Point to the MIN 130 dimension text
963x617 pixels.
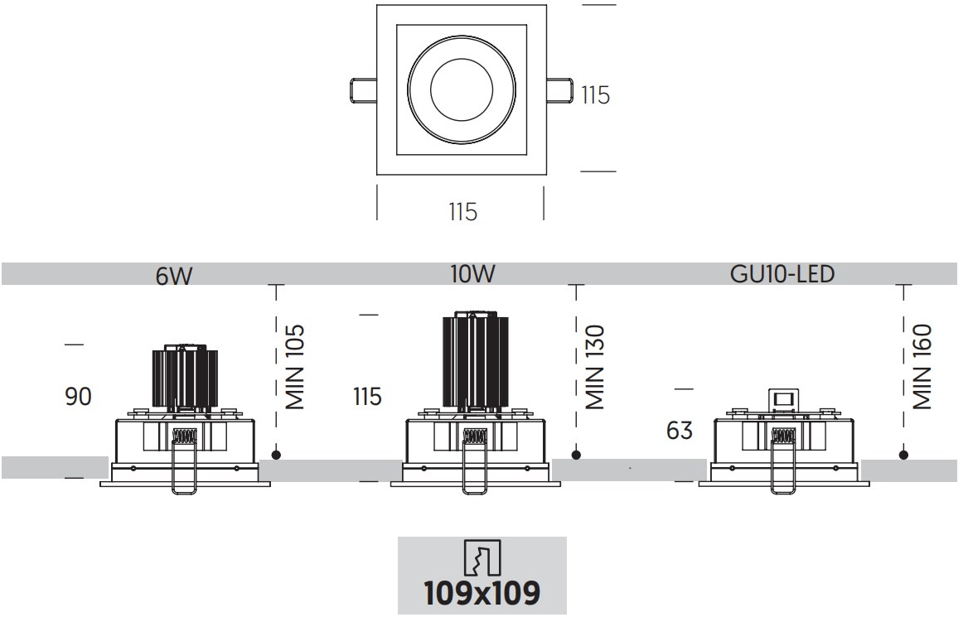click(x=595, y=368)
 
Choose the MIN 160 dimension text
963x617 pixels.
click(x=922, y=367)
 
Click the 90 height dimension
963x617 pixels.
click(x=78, y=397)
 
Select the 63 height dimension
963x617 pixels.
click(x=679, y=431)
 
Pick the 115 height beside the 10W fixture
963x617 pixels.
click(x=366, y=397)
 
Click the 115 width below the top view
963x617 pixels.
click(x=462, y=212)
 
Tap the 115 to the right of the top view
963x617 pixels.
click(x=595, y=95)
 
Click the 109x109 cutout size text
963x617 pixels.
click(x=481, y=593)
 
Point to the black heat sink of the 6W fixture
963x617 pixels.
click(x=185, y=377)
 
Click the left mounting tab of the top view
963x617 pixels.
click(x=360, y=89)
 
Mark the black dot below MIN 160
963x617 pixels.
click(x=903, y=455)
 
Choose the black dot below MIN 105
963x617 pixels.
click(x=276, y=455)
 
